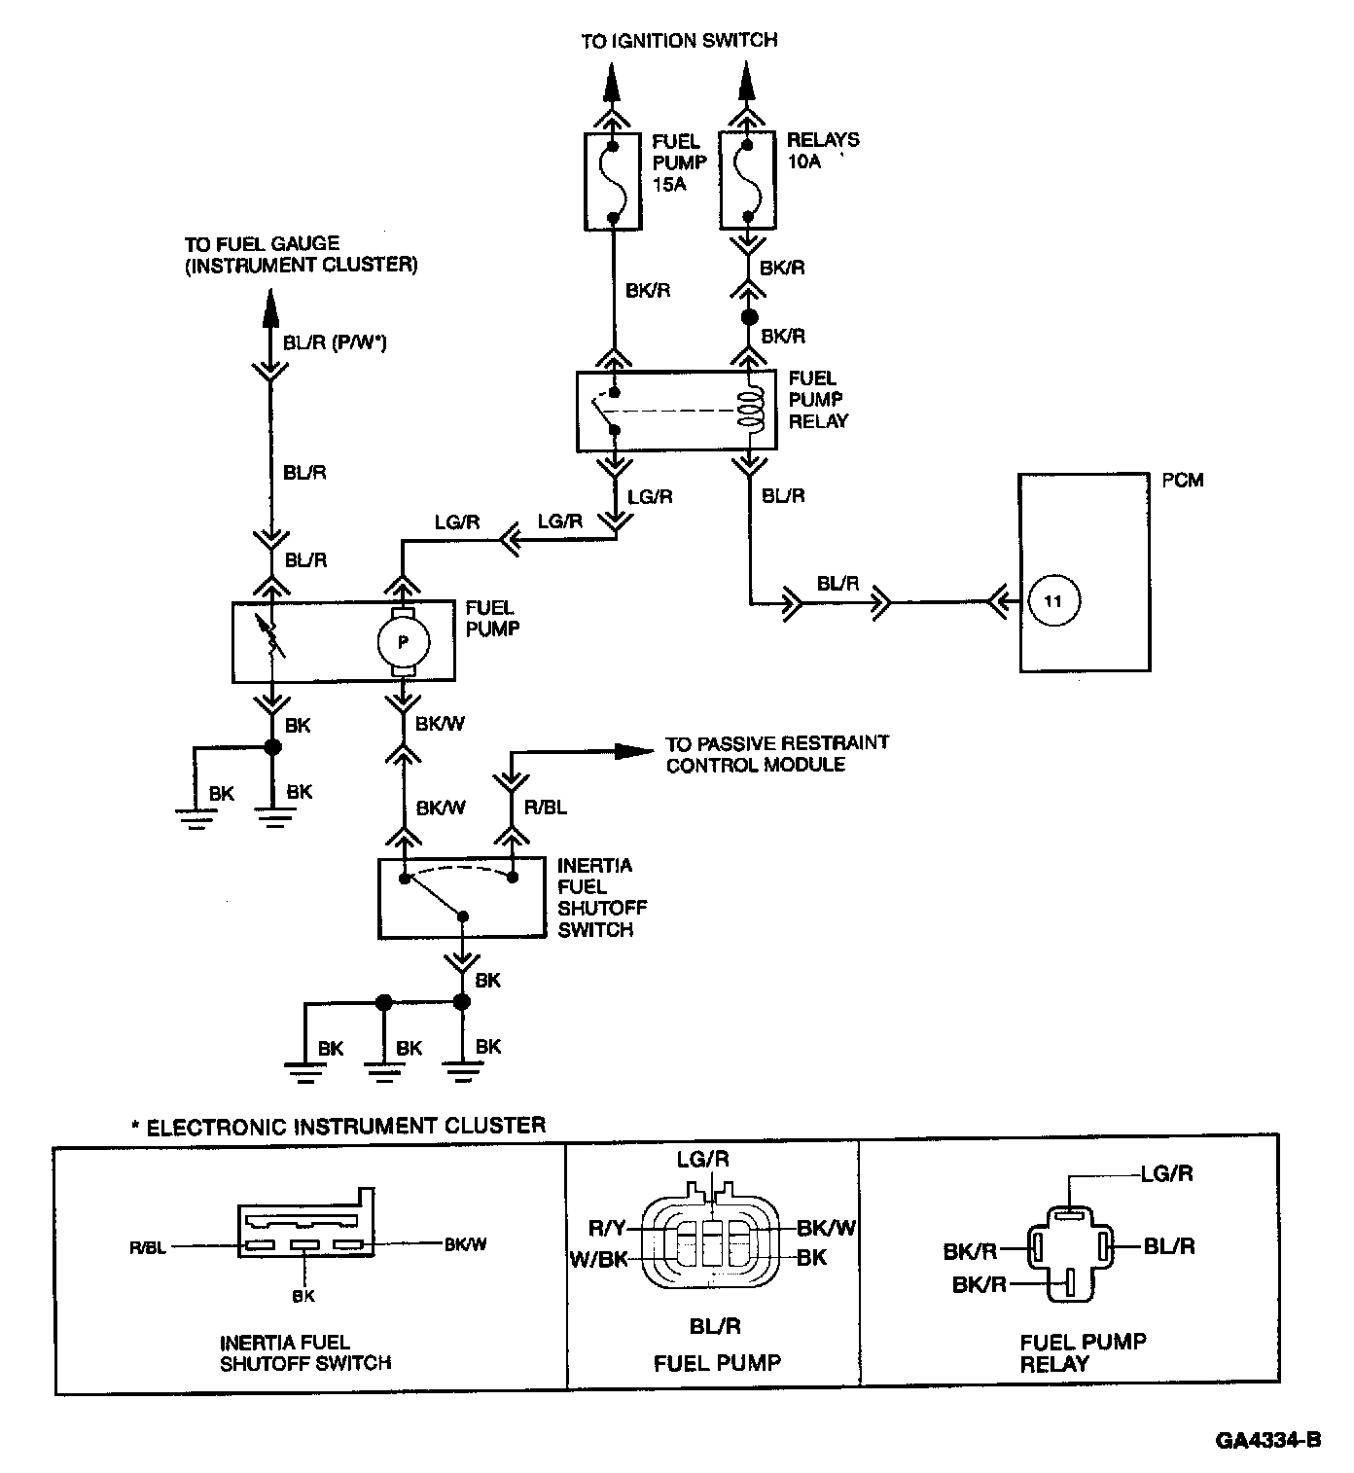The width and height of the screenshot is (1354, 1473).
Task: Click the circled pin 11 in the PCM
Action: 1053,601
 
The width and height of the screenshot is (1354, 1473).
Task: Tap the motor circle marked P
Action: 403,642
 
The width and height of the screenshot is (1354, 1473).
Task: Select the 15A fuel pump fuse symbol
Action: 613,181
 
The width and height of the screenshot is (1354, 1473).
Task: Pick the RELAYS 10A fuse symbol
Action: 747,181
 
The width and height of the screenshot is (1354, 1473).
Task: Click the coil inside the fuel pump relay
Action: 750,409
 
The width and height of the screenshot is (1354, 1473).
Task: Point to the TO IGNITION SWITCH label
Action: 679,41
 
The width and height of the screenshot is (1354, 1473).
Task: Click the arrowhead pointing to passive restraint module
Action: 633,751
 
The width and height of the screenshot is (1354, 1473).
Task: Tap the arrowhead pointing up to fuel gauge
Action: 271,307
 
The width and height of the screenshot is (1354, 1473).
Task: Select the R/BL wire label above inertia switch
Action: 546,808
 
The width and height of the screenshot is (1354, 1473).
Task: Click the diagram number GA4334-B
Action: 1268,1441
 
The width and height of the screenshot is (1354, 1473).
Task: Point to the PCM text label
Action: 1183,481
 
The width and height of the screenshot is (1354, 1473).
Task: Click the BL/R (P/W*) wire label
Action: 335,342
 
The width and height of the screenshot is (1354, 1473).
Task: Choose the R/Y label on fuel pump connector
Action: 607,1228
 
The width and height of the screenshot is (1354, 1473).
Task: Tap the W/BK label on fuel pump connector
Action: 599,1259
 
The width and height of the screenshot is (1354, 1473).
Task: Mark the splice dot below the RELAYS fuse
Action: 749,317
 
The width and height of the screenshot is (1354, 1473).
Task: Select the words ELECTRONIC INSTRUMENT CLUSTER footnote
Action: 346,1127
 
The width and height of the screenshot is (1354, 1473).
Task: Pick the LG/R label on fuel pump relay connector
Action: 1167,1173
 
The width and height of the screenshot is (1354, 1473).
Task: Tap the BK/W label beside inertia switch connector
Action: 466,1244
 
